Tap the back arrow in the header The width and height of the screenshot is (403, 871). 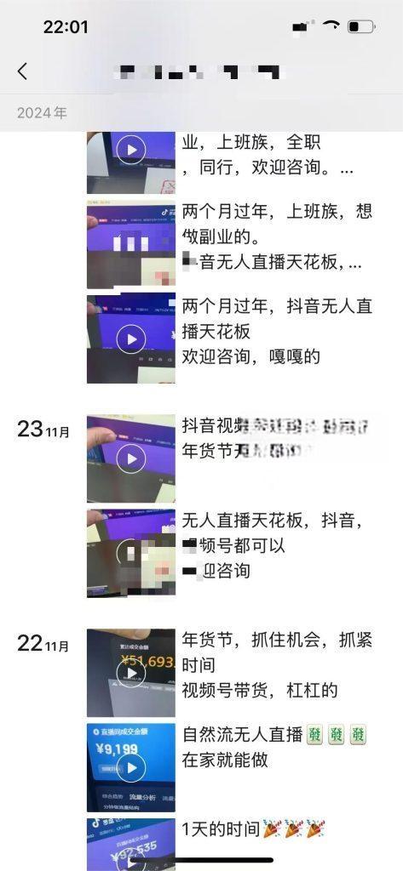point(22,71)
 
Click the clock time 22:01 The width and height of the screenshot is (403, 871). point(66,27)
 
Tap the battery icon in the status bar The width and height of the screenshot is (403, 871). point(361,27)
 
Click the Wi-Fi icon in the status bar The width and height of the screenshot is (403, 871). point(331,27)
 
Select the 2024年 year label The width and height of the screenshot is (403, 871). point(42,112)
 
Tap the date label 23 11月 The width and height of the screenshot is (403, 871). point(43,430)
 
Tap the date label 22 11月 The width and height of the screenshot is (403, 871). point(43,644)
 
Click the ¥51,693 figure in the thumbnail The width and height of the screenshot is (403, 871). point(136,660)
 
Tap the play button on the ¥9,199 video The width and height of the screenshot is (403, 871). point(130,767)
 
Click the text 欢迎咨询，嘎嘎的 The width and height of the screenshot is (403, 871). point(251,356)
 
